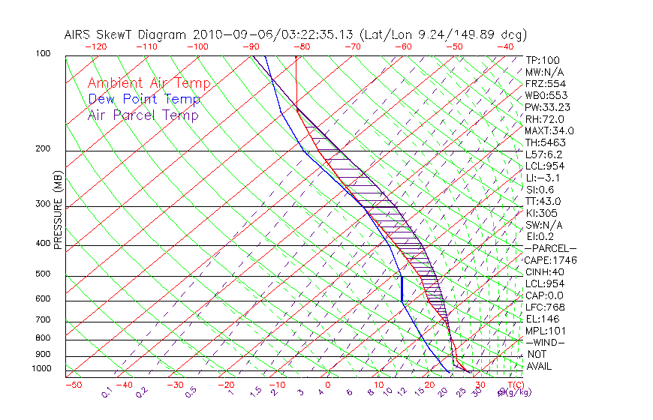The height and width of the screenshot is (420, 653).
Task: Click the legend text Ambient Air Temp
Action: (x=149, y=83)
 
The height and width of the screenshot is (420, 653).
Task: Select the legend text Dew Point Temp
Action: (x=143, y=99)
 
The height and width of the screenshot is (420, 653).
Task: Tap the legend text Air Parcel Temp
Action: (x=143, y=115)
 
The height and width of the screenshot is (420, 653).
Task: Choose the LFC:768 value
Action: (x=545, y=307)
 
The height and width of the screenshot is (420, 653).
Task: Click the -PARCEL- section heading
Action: (x=550, y=248)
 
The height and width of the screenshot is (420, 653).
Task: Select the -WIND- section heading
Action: (x=545, y=342)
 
